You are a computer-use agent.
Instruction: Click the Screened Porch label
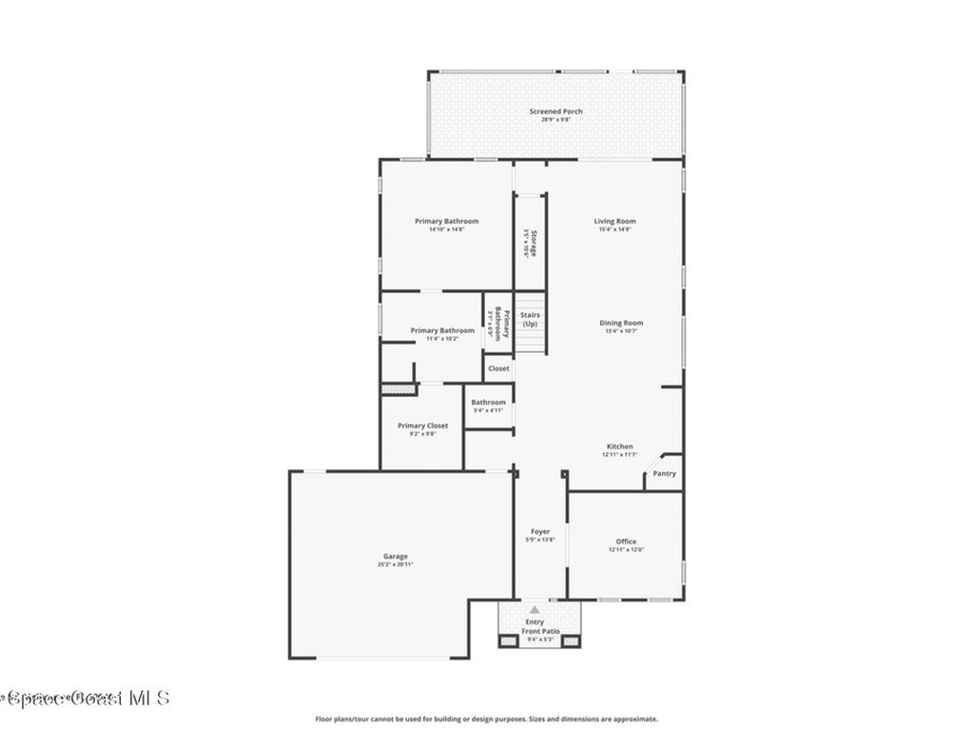tap(555, 111)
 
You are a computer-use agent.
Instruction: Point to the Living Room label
tap(615, 221)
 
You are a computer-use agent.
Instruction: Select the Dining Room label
tap(621, 323)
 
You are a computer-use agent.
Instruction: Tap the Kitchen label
tap(619, 446)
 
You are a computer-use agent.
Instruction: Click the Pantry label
tap(664, 473)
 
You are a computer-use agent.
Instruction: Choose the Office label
tap(626, 542)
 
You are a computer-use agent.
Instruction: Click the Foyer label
tap(539, 531)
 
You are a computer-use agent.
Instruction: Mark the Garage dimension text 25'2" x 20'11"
tap(395, 564)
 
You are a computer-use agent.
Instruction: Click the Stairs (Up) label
tap(530, 319)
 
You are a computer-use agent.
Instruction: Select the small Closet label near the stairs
tap(498, 368)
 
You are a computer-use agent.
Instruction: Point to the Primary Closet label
tap(422, 425)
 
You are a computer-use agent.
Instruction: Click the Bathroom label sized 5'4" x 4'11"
tap(488, 403)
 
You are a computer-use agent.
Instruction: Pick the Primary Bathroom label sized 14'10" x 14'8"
tap(446, 221)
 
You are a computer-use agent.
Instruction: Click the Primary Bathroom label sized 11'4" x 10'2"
tap(442, 330)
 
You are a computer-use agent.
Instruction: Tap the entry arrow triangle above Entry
tap(535, 609)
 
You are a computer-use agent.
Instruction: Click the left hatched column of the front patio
tap(508, 641)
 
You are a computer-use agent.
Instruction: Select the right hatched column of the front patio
tap(570, 641)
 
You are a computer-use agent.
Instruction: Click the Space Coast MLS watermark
tap(86, 698)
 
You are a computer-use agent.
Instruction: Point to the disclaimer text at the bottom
tap(486, 720)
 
